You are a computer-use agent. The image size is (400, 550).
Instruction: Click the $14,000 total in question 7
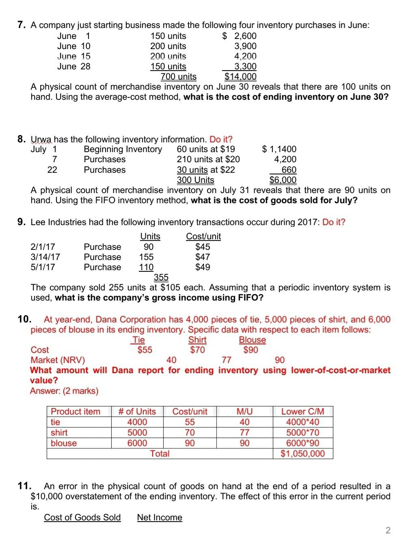[x=240, y=77]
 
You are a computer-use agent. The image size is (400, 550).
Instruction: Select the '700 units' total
[x=178, y=77]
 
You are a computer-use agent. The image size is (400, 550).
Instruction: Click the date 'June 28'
[x=74, y=67]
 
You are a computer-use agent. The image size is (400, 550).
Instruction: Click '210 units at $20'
[x=208, y=159]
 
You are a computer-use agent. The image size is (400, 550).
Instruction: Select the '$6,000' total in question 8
[x=283, y=180]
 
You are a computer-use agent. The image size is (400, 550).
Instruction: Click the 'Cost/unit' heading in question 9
[x=203, y=236]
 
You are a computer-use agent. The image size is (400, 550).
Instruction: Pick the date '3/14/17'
[x=45, y=257]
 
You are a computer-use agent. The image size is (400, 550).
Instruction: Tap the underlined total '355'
[x=161, y=277]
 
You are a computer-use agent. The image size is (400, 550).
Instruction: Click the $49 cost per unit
[x=202, y=267]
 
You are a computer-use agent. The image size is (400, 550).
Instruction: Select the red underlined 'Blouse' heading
[x=252, y=340]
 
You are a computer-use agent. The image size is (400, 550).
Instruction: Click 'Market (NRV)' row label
[x=58, y=360]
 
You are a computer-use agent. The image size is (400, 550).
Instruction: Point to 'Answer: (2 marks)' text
[x=64, y=391]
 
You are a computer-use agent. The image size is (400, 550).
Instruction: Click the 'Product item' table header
[x=76, y=412]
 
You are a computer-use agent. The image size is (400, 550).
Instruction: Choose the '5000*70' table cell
[x=303, y=433]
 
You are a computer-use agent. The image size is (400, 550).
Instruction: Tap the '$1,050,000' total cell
[x=303, y=454]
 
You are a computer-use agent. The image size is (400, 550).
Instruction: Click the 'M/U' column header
[x=244, y=412]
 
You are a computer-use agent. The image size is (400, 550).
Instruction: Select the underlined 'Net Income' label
[x=160, y=518]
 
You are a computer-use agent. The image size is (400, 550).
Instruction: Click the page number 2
[x=387, y=531]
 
